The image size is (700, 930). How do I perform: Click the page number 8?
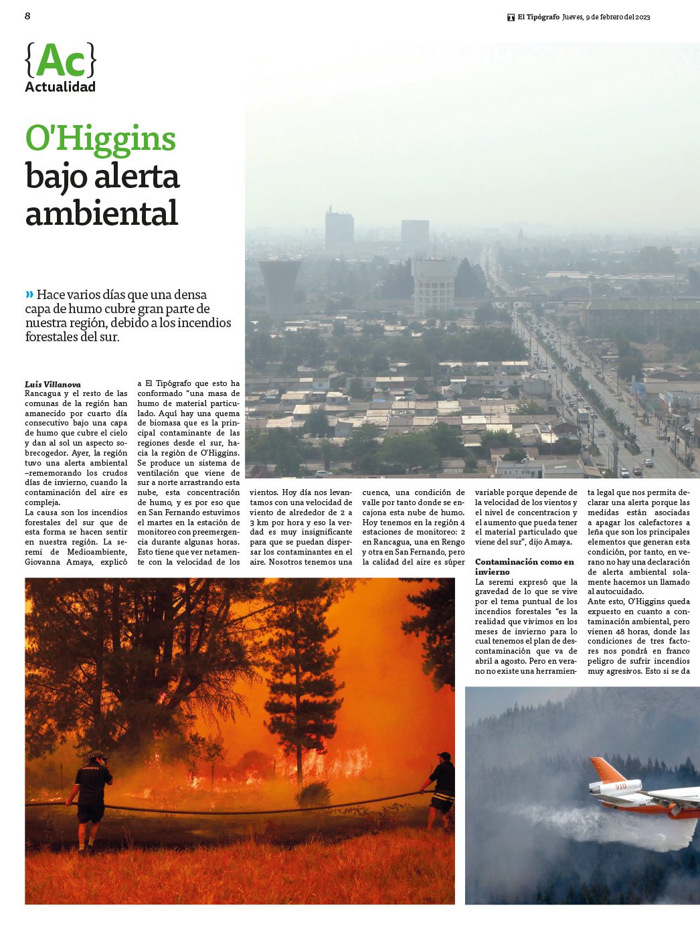click(27, 16)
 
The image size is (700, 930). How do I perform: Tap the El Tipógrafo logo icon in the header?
click(511, 17)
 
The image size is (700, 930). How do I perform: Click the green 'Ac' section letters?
click(61, 61)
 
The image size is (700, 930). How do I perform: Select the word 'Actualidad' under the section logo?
click(60, 87)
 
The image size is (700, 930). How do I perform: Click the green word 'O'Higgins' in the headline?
click(100, 139)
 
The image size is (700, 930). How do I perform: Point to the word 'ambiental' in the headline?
click(102, 213)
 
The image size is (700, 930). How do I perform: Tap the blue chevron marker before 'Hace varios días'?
click(29, 294)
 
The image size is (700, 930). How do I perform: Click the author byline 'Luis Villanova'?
click(53, 384)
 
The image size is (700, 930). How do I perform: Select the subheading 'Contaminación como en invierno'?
click(525, 567)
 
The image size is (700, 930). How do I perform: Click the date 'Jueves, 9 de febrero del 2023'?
click(606, 17)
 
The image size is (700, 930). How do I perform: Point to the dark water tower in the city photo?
click(278, 284)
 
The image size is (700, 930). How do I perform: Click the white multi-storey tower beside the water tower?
click(434, 286)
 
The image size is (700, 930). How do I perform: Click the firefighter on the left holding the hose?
click(91, 800)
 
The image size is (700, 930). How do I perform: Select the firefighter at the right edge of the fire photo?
click(441, 789)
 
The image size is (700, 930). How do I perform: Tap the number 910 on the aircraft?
click(620, 786)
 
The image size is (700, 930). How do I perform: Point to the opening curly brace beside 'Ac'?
click(29, 61)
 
